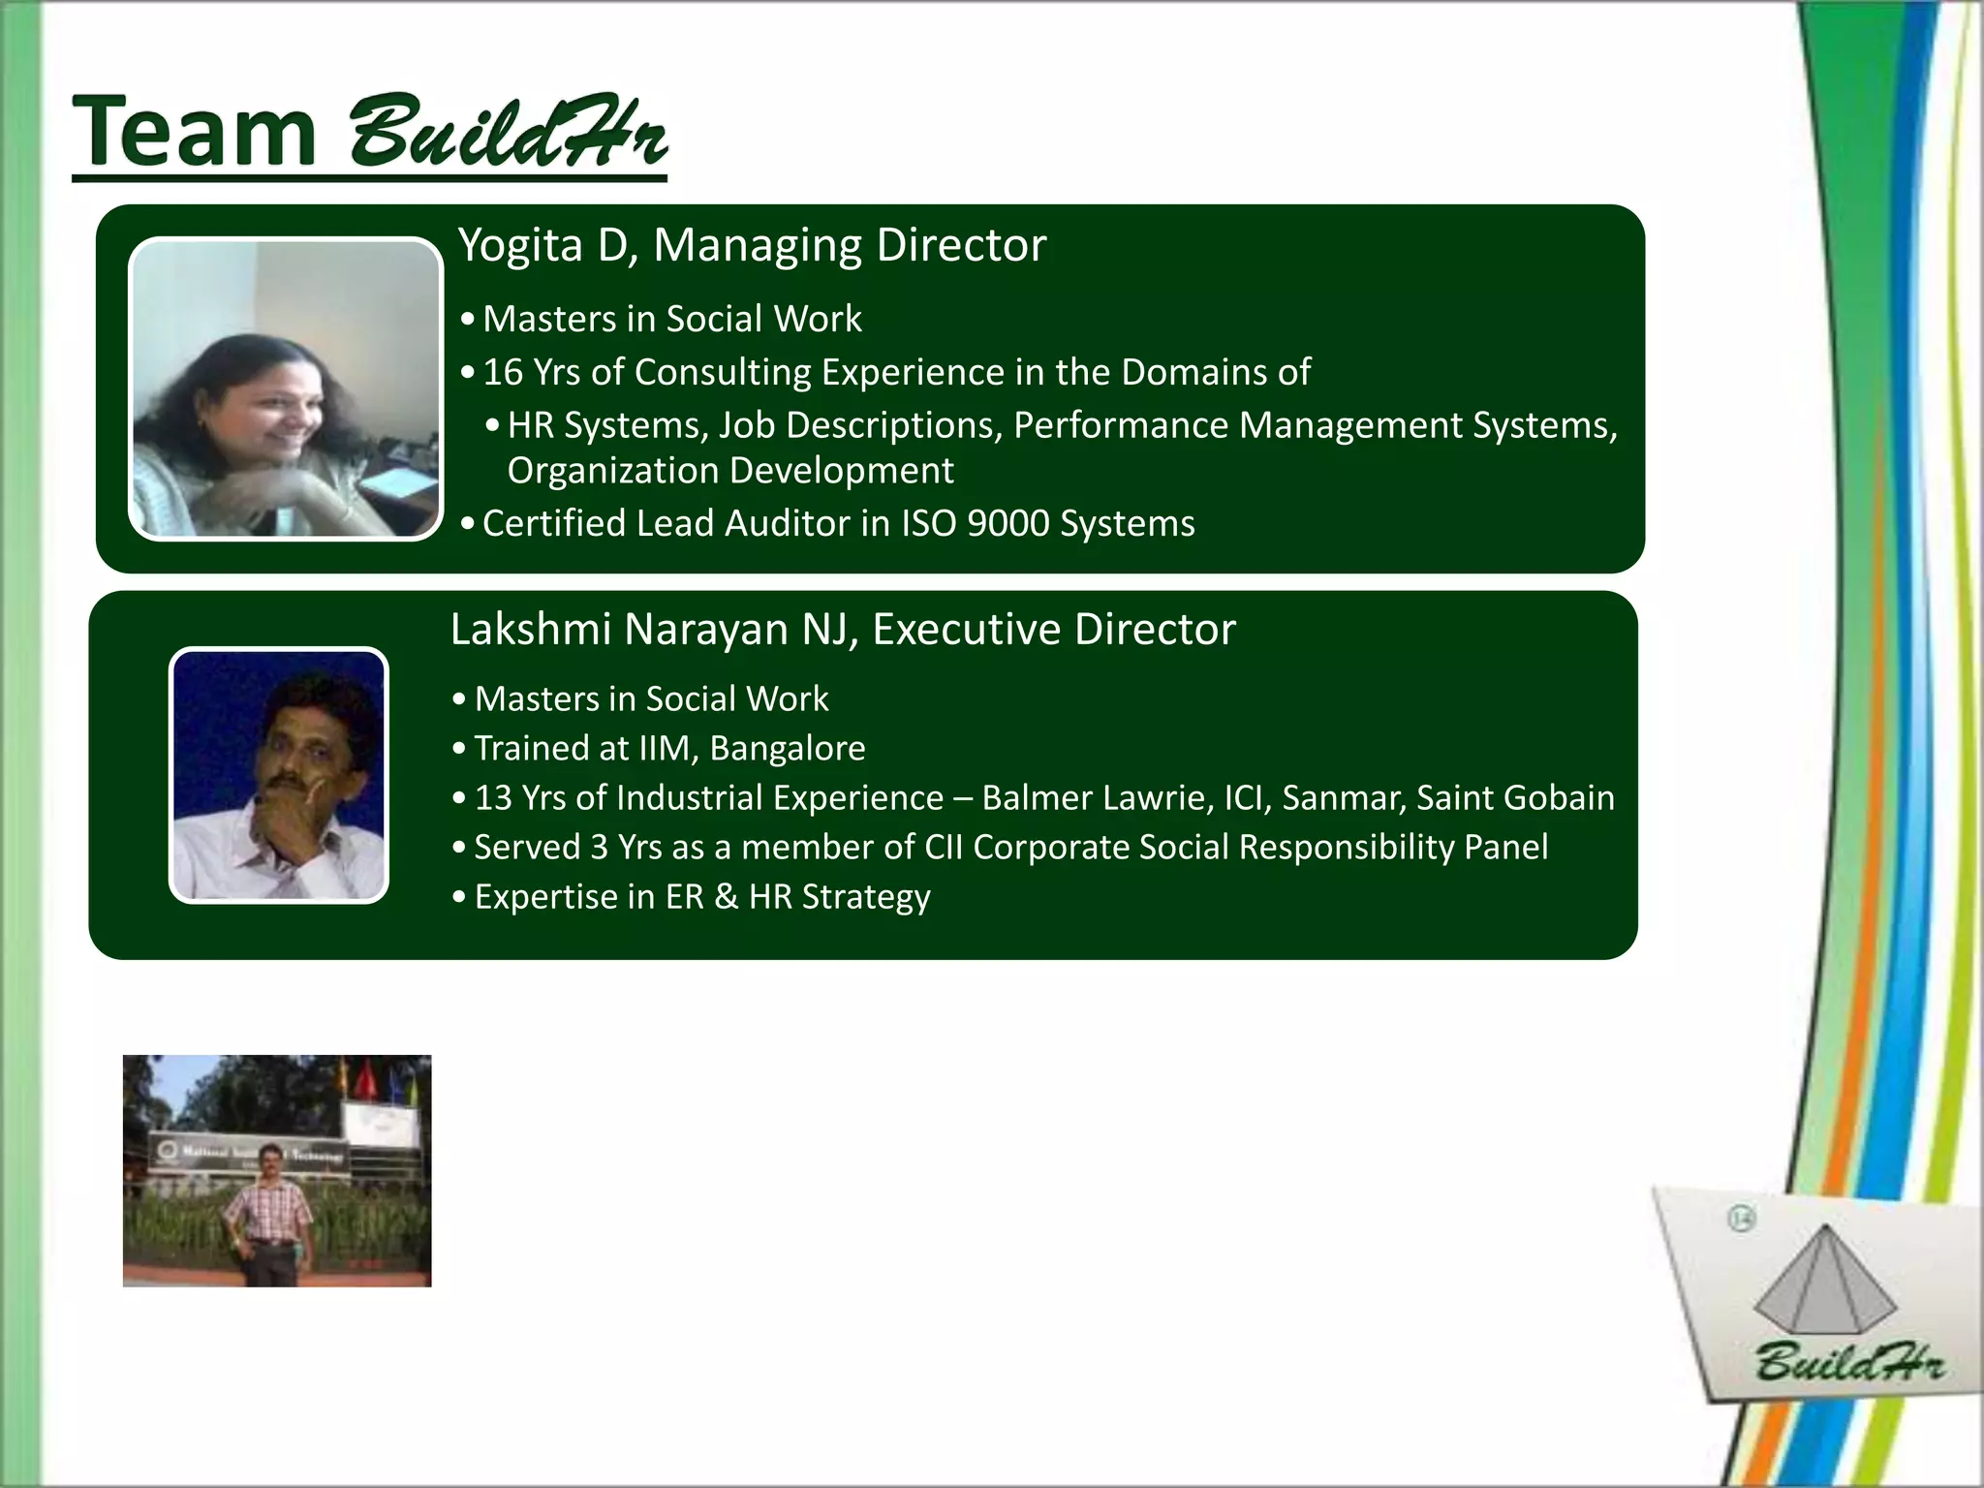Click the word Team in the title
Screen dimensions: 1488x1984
coord(194,131)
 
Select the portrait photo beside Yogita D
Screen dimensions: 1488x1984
coord(285,388)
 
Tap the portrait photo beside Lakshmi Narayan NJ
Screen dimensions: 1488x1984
coord(279,775)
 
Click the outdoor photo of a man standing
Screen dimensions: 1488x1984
coord(277,1170)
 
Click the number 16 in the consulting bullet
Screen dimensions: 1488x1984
coord(503,372)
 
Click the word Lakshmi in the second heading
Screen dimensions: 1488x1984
coord(532,630)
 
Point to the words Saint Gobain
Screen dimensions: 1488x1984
coord(1515,797)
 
